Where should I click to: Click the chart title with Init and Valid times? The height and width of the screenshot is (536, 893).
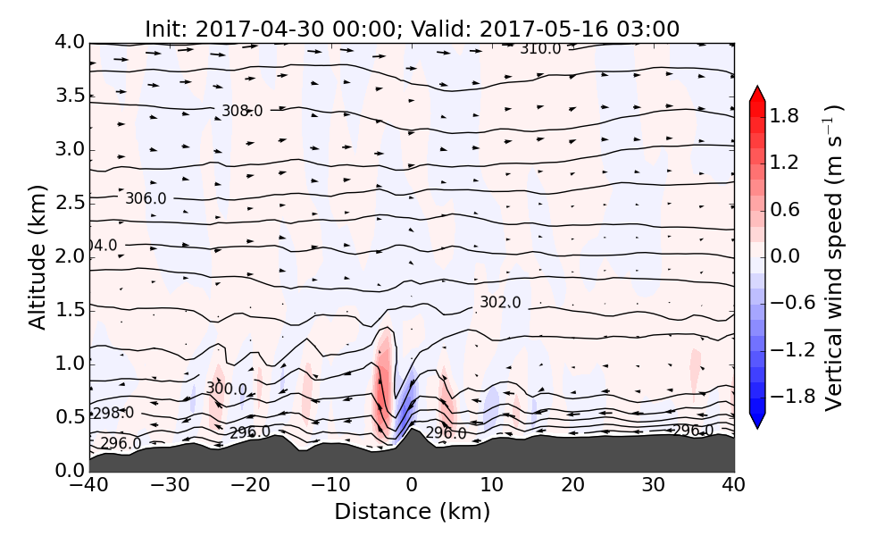(412, 29)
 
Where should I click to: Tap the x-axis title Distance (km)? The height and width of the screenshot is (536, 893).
(412, 512)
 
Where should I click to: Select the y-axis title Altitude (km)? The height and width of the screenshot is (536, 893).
(37, 256)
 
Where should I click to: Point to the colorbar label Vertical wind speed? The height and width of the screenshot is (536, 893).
(833, 257)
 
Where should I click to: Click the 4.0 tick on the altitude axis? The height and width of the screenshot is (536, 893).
(68, 42)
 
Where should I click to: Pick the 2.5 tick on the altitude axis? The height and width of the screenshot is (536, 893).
(68, 203)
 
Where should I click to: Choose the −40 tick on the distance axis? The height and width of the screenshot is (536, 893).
(89, 486)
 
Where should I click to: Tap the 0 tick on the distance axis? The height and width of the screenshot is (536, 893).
(412, 486)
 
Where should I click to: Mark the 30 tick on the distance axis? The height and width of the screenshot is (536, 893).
(654, 486)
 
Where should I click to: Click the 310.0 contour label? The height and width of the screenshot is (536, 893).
(540, 48)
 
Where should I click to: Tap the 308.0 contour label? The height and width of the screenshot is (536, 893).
(242, 111)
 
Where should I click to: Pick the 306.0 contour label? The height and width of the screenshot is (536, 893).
(146, 198)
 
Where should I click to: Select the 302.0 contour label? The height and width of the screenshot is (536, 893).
(500, 303)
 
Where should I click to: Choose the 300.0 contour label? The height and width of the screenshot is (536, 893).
(226, 389)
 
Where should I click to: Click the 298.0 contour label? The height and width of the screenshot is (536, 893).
(113, 413)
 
